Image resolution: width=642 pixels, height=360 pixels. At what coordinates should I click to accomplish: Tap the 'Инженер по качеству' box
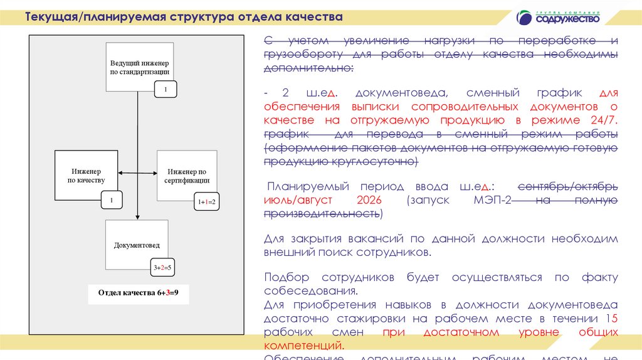[86, 175]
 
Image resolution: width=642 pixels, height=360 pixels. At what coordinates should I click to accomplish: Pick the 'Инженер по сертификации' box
[187, 175]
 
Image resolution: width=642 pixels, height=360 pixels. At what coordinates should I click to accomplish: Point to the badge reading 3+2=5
[162, 268]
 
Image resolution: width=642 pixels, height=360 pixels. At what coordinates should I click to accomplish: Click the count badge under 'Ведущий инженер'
[166, 90]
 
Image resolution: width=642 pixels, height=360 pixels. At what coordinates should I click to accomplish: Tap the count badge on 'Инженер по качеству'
[111, 201]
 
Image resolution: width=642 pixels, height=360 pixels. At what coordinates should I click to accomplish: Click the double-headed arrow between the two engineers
[137, 174]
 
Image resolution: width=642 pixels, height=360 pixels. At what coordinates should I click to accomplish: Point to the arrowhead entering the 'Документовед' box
[137, 216]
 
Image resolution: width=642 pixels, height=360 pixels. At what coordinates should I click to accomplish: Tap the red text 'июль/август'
[297, 200]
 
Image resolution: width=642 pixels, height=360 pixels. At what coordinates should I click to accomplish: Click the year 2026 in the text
[369, 200]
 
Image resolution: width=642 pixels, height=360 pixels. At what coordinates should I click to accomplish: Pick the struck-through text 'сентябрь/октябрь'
[569, 186]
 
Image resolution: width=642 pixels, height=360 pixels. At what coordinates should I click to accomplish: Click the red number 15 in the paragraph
[613, 319]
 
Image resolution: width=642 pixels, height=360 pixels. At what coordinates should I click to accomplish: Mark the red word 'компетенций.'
[303, 345]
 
